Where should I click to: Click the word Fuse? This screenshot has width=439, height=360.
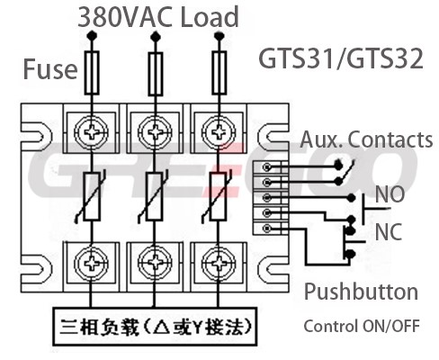[50, 69]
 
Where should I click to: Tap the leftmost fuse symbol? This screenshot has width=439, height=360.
[92, 73]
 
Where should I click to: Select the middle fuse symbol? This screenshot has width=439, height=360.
[156, 74]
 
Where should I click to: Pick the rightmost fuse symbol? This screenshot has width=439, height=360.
[219, 73]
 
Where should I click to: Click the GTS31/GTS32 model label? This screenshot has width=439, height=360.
[341, 58]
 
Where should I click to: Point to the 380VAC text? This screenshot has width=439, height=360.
[125, 17]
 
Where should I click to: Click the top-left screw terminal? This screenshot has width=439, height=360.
[91, 131]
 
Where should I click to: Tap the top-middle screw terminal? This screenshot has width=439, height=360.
[155, 131]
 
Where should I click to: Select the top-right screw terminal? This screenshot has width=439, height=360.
[219, 131]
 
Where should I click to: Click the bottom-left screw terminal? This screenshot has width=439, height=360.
[91, 263]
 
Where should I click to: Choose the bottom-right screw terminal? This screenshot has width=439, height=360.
[219, 263]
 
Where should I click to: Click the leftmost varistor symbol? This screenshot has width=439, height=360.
[91, 196]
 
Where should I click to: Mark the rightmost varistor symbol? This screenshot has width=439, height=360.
[218, 196]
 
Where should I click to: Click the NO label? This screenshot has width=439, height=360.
[390, 194]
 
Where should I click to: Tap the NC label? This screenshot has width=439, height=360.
[389, 231]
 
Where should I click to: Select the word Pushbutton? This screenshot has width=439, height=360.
[361, 292]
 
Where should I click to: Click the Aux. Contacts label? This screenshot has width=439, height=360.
[366, 139]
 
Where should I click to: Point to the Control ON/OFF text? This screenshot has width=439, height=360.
[362, 326]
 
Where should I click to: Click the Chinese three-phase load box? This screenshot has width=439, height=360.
[155, 327]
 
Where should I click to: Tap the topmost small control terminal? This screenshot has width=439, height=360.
[267, 166]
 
